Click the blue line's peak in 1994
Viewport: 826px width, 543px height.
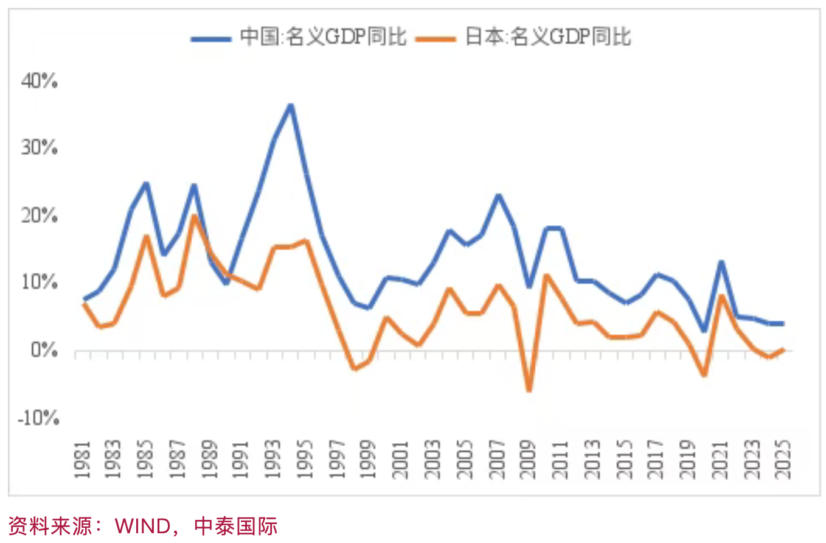point(291,105)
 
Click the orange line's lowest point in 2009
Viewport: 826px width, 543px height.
point(529,390)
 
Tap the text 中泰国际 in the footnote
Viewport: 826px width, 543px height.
point(235,525)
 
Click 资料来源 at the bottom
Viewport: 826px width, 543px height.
point(46,525)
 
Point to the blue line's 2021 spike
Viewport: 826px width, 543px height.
point(721,262)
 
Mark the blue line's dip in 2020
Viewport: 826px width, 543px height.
point(704,331)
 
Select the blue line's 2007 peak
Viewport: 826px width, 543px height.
point(497,195)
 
